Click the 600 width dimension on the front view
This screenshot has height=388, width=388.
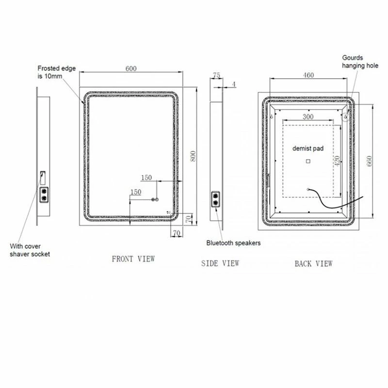click(131, 68)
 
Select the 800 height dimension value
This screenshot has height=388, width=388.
click(193, 156)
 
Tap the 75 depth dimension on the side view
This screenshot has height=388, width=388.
click(216, 75)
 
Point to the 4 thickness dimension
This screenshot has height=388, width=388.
click(234, 84)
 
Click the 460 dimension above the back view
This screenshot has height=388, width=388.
click(308, 75)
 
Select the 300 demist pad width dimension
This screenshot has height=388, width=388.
click(308, 116)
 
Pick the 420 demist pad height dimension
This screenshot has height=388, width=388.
click(337, 161)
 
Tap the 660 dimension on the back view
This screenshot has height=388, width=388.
click(369, 161)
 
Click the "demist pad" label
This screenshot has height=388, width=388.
click(308, 148)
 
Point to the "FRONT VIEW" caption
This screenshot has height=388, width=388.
click(133, 259)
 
